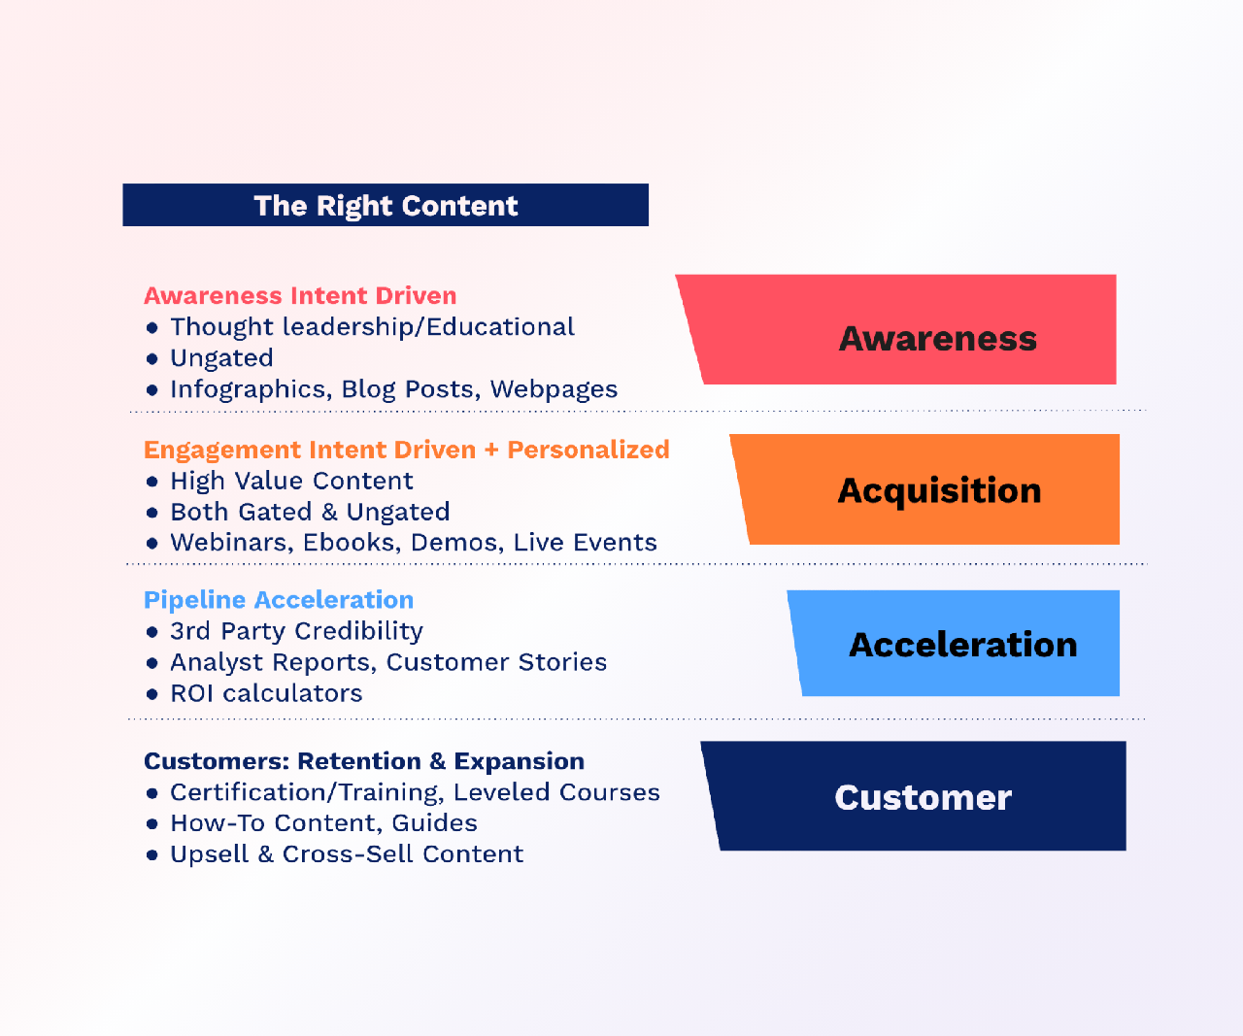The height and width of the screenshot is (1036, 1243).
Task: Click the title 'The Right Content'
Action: point(386,206)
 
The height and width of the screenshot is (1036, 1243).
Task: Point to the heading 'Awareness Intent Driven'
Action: point(300,296)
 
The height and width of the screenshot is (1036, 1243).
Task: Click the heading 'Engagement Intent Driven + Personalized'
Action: point(407,451)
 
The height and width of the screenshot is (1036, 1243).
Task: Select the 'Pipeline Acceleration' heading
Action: point(279,600)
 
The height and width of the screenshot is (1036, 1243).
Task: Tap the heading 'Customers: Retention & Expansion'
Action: point(364,761)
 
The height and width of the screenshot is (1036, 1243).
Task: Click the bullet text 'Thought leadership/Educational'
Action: point(373,327)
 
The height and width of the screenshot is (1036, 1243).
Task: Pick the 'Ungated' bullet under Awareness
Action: point(222,358)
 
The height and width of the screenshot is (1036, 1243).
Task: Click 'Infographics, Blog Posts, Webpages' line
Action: point(394,389)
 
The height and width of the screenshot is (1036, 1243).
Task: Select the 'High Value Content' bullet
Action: point(291,481)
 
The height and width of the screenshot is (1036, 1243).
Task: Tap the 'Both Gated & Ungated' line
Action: point(310,512)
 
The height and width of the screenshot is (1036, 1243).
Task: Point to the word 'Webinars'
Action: point(232,543)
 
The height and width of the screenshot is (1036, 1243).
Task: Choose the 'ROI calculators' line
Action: point(266,693)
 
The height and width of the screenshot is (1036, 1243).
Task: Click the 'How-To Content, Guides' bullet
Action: point(323,823)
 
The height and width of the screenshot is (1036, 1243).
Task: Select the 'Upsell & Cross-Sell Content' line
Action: point(347,854)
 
